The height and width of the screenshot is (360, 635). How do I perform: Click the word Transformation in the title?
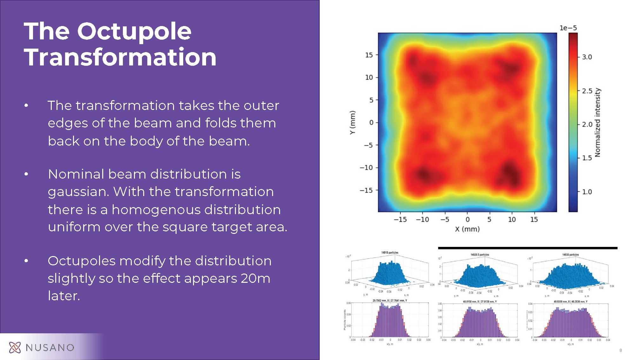(120, 57)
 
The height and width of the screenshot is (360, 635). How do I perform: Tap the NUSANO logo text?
(50, 348)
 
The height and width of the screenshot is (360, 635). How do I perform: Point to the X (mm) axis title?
(467, 229)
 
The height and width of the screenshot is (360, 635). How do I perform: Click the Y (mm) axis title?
(352, 123)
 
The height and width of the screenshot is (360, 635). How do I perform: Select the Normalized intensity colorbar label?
(598, 123)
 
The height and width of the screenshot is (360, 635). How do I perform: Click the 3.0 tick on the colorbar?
(587, 57)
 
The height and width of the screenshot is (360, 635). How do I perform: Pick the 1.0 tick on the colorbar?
(587, 192)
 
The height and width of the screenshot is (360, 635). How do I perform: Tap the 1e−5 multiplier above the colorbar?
(568, 28)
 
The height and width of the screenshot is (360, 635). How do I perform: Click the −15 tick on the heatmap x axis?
(400, 220)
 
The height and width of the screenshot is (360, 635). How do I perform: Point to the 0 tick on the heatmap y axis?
(371, 123)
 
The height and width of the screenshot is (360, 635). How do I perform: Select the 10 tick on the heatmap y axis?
(369, 78)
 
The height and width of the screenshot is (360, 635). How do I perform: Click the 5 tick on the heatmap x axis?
(489, 220)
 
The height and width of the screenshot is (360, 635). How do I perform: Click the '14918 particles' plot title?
(390, 253)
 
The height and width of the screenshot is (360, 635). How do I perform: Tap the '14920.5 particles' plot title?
(480, 255)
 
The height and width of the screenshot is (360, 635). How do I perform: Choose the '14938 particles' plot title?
(570, 255)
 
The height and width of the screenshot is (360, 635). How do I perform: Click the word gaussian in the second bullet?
(77, 192)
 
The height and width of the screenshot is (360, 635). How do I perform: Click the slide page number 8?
(620, 350)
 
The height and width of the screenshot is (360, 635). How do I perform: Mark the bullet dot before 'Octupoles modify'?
(26, 261)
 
